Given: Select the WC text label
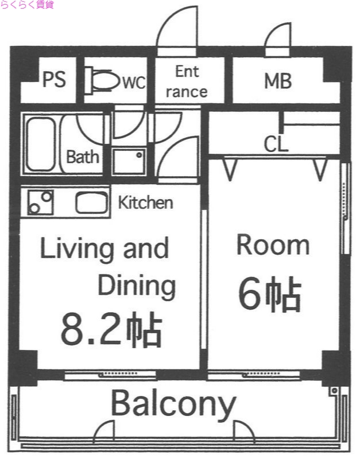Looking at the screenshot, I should [133, 83].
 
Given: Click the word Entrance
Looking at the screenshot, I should [187, 81].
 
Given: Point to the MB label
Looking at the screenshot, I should [278, 81].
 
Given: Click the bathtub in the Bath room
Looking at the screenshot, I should [40, 144].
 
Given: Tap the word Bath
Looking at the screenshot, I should [83, 157].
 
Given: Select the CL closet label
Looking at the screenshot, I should [276, 143].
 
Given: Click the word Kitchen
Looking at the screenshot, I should [145, 203].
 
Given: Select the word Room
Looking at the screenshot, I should [273, 245].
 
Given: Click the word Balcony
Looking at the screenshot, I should [173, 404].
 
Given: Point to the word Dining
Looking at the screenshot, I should [136, 285].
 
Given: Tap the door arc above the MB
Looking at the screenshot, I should [278, 38].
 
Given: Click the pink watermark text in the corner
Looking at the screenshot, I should [27, 5].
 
